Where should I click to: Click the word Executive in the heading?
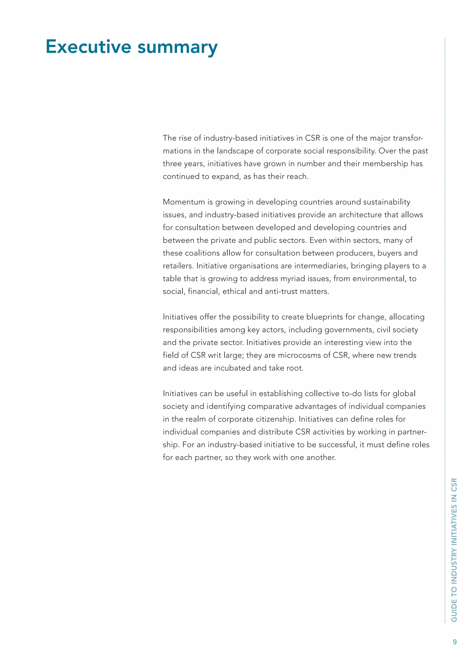88,47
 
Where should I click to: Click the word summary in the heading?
177,47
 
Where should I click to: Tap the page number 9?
455,642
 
